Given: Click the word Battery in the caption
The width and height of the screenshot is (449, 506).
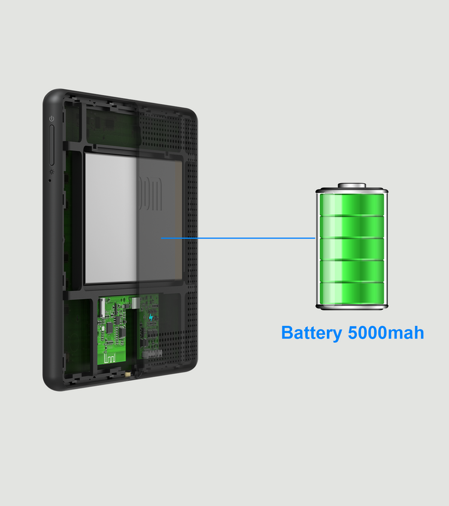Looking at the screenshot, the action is [311, 333].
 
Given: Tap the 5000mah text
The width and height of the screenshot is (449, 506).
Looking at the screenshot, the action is [386, 333].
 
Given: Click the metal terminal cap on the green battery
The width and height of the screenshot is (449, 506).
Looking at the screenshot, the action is [352, 185].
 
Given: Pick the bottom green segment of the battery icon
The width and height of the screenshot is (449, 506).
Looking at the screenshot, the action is [352, 293].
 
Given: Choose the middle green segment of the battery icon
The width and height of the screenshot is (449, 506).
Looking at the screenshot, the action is [352, 248].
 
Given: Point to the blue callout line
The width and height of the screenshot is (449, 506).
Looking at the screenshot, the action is [238, 238].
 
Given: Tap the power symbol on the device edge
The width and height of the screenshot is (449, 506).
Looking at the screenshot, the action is [51, 119].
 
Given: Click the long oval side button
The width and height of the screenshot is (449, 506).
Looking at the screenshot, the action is [51, 145].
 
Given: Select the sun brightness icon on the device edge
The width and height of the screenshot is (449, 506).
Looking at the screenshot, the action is [51, 172].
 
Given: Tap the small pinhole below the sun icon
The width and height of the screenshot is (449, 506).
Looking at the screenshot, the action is [50, 181].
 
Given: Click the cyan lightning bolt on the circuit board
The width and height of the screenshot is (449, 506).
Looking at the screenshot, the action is [150, 318].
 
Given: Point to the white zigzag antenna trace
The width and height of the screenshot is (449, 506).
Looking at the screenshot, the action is [110, 358].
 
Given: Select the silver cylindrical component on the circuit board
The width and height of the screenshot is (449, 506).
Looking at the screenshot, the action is [135, 303].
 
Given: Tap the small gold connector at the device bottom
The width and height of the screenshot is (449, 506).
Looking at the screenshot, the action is [128, 374].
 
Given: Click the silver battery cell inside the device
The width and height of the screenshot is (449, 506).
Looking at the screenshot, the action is [133, 218].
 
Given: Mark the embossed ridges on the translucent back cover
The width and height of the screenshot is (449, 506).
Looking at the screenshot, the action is [150, 193].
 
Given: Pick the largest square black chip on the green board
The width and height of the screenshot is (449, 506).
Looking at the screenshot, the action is [110, 328].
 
